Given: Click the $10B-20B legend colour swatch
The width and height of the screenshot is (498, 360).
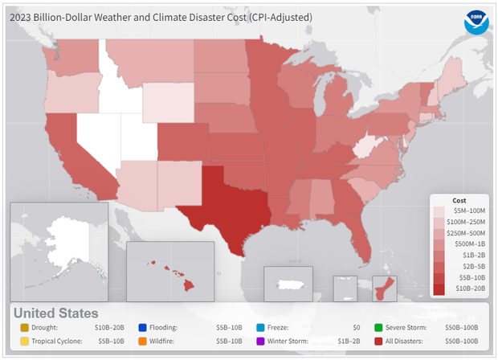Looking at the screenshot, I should [440, 287].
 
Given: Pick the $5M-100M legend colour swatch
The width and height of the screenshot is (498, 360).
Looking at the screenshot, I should [440, 210].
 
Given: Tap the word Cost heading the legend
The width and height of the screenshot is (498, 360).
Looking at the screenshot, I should [459, 198].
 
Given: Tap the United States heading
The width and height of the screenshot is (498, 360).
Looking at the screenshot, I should [55, 313].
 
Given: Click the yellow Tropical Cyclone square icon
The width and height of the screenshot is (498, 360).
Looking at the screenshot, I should [24, 342].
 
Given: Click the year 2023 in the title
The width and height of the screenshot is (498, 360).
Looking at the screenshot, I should [20, 17].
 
